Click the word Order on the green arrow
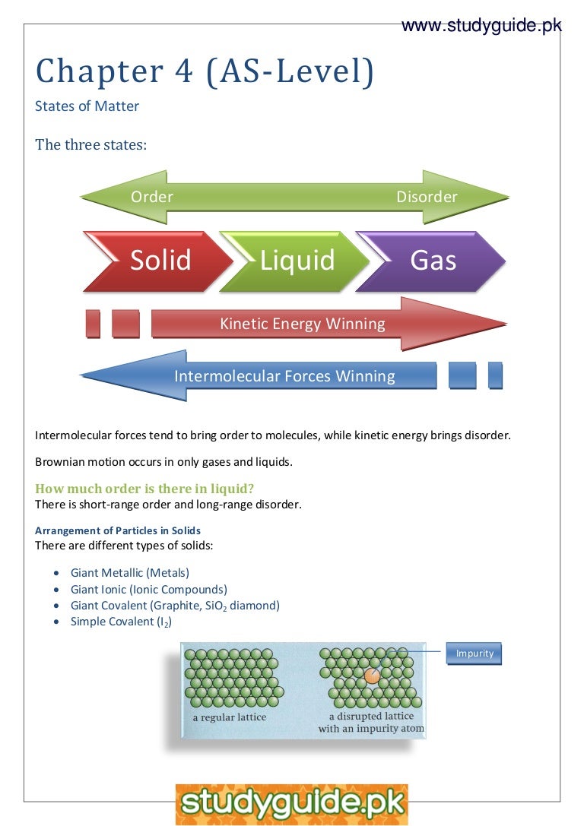(x=152, y=197)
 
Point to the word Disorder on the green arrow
(x=427, y=197)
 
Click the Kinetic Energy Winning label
(x=303, y=324)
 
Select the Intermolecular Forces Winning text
(x=284, y=376)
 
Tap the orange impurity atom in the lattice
(x=372, y=675)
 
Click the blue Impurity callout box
(x=474, y=654)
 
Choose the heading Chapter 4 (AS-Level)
(x=205, y=71)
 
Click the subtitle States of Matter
(x=87, y=106)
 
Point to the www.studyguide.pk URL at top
(x=481, y=27)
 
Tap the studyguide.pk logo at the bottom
(x=292, y=804)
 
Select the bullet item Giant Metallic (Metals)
(x=130, y=573)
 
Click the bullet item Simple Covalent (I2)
(x=121, y=622)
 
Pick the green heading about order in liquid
(x=144, y=489)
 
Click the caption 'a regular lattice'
(x=230, y=717)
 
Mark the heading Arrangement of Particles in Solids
(x=118, y=530)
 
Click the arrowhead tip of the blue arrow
(x=82, y=375)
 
